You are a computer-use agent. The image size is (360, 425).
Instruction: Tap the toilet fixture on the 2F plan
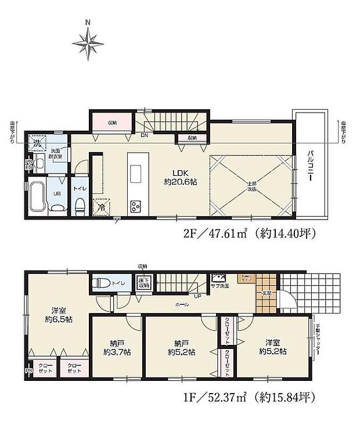[x=80, y=204]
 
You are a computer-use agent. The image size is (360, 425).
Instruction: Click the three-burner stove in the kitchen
[x=135, y=205]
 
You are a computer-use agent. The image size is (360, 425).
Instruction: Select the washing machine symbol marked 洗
[x=37, y=142]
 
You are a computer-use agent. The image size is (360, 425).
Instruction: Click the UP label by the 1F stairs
[x=198, y=296]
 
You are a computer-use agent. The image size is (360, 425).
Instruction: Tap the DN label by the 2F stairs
[x=143, y=136]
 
